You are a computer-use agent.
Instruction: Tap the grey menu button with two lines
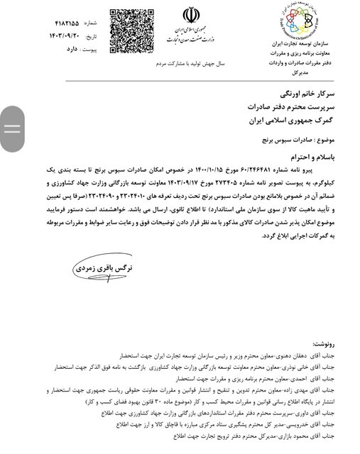(12, 128)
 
